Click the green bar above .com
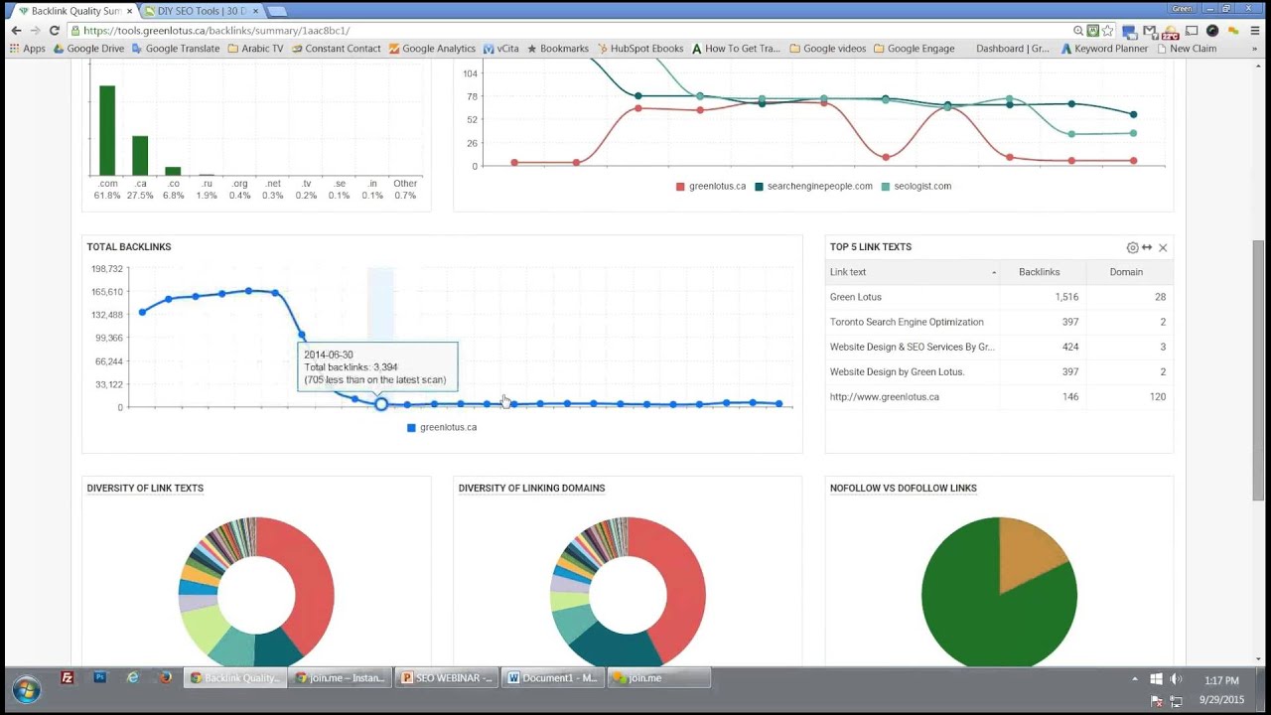tap(107, 130)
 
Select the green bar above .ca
tap(140, 156)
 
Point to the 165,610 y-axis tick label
tap(106, 292)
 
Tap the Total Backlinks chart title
tap(129, 247)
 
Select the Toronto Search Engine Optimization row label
tap(907, 322)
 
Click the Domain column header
tap(1126, 272)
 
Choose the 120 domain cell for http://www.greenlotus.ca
tap(1157, 396)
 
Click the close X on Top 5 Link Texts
tap(1163, 247)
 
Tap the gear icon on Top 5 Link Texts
tap(1132, 247)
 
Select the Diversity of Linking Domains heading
tap(531, 489)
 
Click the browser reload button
tap(55, 31)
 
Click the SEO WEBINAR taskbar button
tap(446, 678)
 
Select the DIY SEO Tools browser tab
tap(199, 11)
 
